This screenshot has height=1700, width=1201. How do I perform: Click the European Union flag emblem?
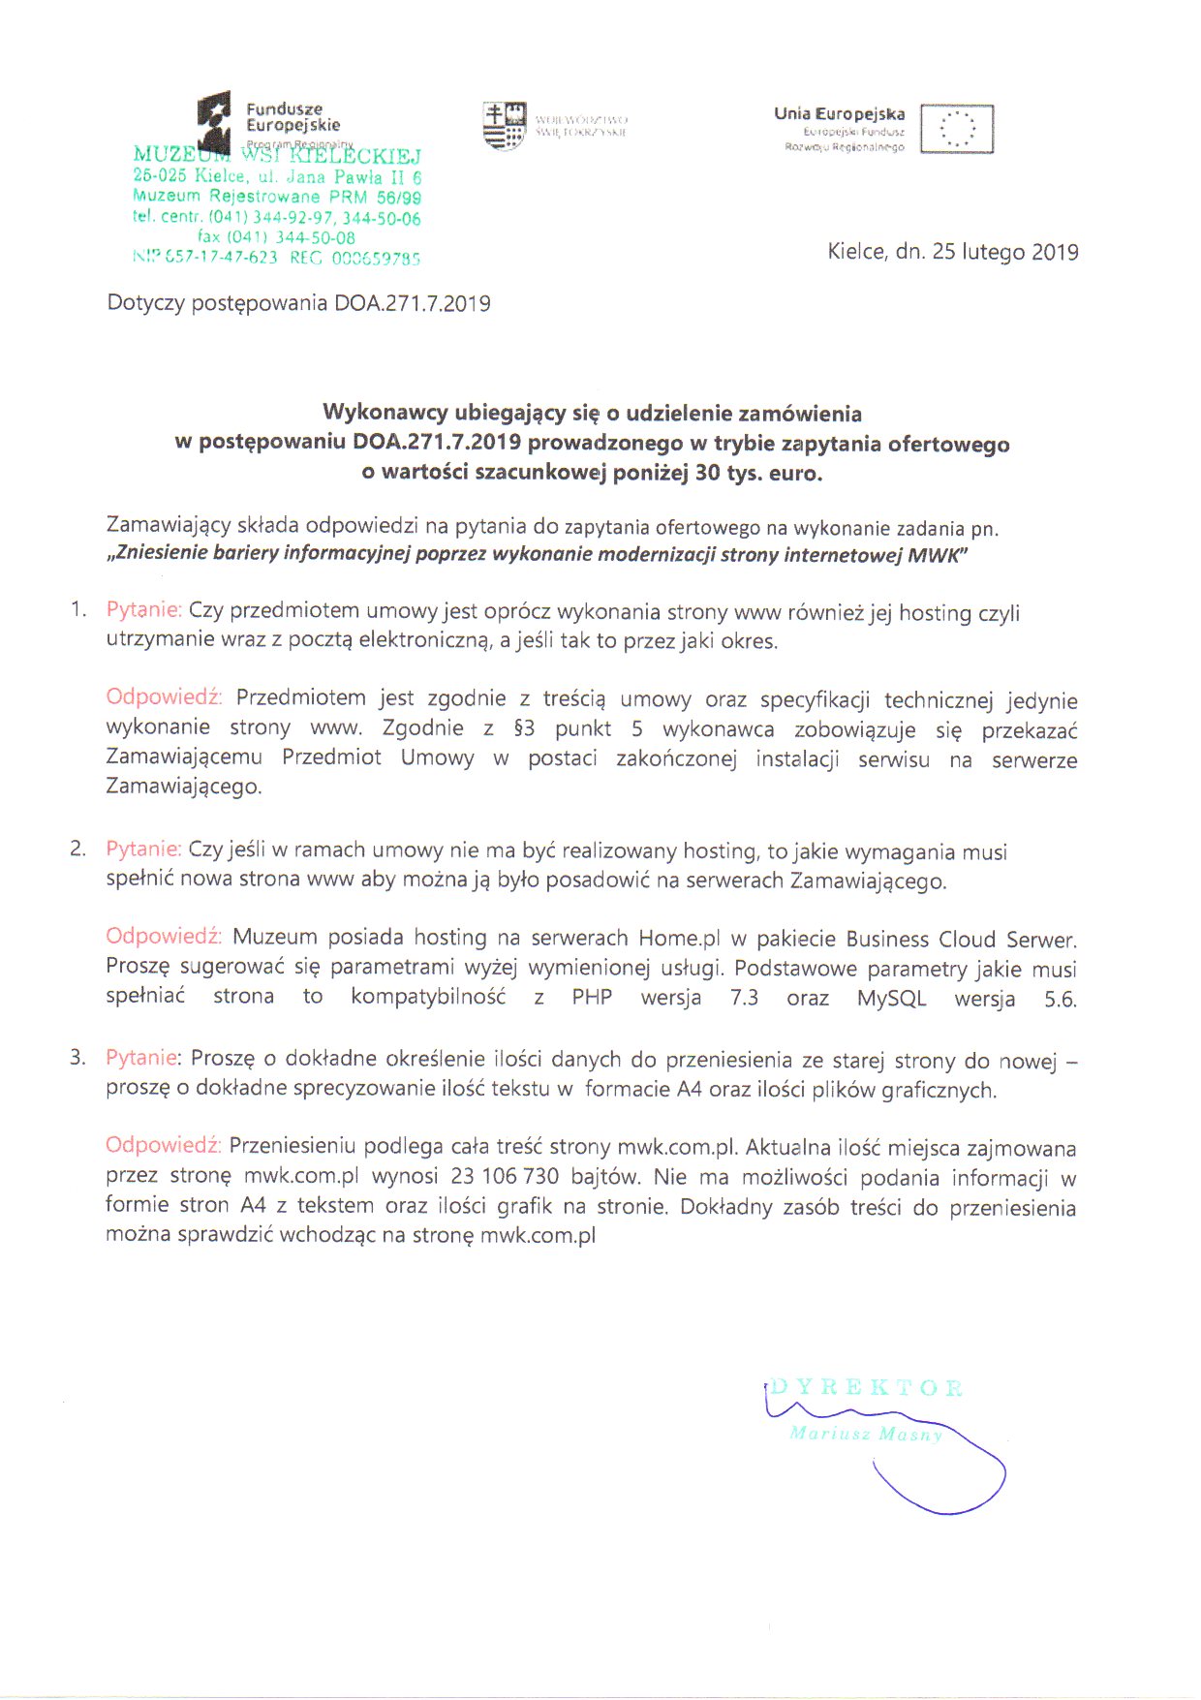point(957,129)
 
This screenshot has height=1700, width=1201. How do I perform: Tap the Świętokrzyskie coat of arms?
point(505,126)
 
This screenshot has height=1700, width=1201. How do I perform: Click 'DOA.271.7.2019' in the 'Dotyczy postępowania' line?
point(413,303)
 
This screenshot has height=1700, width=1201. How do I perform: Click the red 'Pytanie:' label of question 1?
point(143,610)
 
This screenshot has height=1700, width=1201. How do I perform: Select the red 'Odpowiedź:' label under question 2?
point(164,937)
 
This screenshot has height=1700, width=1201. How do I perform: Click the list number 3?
point(77,1057)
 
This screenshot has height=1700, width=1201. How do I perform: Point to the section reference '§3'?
point(524,728)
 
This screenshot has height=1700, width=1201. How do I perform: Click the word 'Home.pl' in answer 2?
point(679,939)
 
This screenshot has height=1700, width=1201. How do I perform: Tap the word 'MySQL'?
point(891,999)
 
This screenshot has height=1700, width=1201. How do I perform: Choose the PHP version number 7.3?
point(744,999)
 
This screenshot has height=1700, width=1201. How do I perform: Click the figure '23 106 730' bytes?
point(505,1177)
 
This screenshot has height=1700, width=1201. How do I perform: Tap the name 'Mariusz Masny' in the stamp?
point(865,1434)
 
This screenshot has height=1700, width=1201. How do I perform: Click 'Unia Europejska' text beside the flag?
point(839,113)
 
